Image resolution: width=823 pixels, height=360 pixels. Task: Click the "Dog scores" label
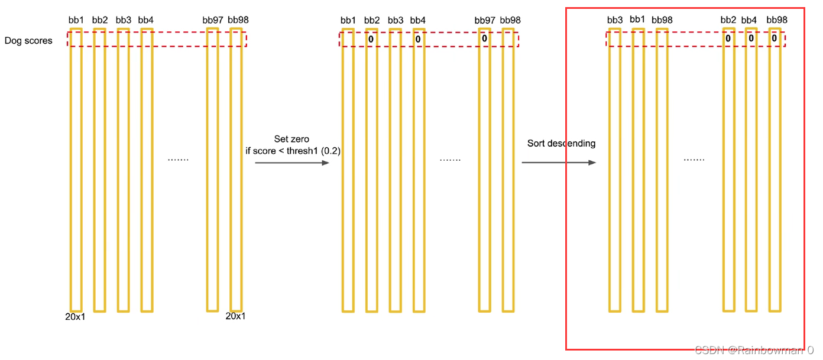coord(28,41)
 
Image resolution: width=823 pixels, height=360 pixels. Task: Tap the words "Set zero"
coord(291,139)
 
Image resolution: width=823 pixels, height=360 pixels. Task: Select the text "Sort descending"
coord(561,143)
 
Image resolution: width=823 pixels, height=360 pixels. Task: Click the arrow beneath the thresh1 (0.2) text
coord(292,163)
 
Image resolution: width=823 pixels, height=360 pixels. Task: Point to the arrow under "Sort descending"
coord(559,163)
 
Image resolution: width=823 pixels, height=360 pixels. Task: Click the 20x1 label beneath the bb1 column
coord(76,316)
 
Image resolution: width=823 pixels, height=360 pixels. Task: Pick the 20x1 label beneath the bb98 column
coord(236,316)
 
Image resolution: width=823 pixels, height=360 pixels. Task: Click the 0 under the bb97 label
coord(484,38)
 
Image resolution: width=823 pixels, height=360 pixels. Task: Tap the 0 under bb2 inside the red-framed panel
coord(728,38)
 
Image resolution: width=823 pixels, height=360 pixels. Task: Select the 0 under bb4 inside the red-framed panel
coord(751,38)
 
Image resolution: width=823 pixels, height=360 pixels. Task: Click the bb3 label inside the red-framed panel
coord(615,20)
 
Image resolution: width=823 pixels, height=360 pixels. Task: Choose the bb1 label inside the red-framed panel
coord(637,20)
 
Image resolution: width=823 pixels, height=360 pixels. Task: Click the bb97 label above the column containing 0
coord(485,20)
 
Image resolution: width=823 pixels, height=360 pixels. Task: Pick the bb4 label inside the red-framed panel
coord(749,20)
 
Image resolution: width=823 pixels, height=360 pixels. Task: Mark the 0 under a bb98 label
coord(774,38)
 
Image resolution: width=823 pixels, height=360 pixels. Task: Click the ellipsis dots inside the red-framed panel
coord(694,160)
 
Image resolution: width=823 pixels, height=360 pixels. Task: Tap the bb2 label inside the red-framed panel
coord(728,20)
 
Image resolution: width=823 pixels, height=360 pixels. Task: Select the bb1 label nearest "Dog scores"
coord(76,20)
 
